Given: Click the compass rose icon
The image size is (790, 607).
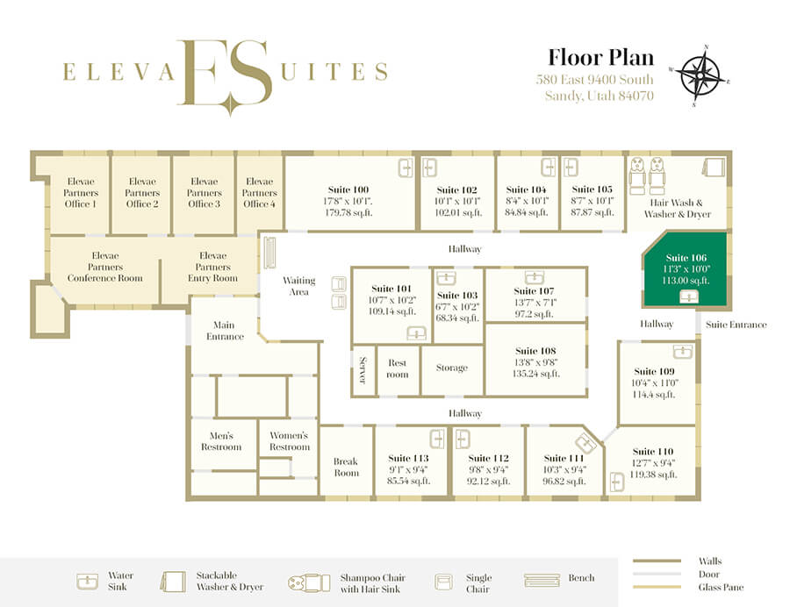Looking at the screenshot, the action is coord(700,75).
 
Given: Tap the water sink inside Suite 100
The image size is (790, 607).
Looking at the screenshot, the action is coord(406,168).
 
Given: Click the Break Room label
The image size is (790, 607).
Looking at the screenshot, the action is coord(346,467).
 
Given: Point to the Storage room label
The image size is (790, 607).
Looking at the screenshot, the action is coord(452,368).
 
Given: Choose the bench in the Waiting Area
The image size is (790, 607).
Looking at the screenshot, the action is coord(270,253).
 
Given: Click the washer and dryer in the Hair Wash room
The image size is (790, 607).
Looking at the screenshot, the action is coord(714,166).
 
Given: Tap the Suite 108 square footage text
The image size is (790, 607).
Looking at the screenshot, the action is coord(536,374).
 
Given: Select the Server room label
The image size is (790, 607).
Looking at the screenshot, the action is coord(363,370).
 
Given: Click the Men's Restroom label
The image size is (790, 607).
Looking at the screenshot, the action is coord(221,441).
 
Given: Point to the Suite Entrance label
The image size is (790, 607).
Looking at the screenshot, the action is coord(736,325).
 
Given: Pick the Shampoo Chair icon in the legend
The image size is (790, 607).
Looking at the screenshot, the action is coord(309,582).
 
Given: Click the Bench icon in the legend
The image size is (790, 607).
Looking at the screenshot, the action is coord(542,581).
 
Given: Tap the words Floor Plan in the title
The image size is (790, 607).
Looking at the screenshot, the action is coord(600,57).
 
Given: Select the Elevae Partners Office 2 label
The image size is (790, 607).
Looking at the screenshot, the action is coord(142,192).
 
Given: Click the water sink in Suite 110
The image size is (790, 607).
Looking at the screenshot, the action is coord(616,482).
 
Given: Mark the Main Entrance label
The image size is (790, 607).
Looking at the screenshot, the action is coord(224,331).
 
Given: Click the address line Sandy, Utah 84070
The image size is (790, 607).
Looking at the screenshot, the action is coord(599,96).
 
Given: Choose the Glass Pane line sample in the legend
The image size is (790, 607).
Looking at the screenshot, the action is coord(657,587).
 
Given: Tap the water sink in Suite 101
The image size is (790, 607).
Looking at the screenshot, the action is coord(416,333).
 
